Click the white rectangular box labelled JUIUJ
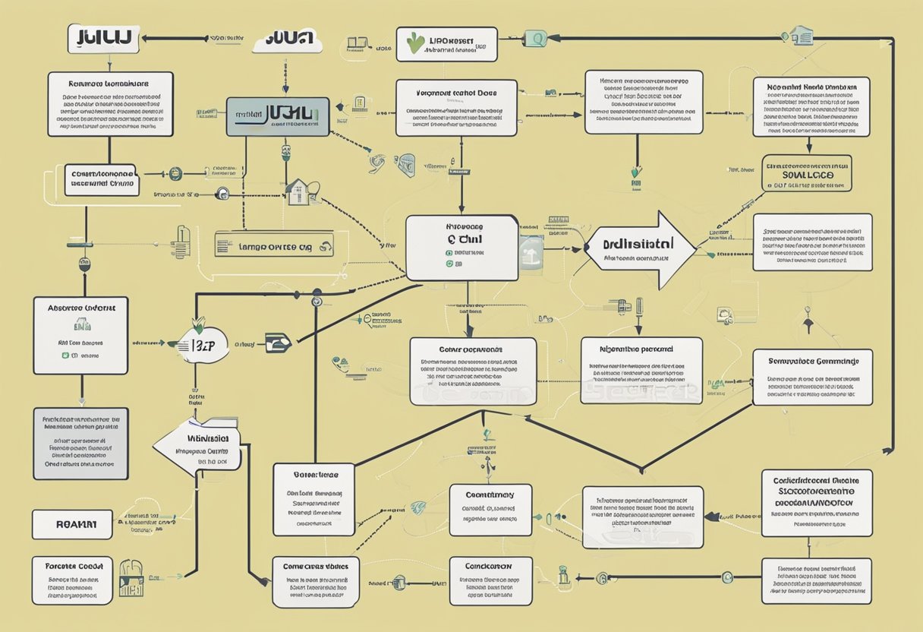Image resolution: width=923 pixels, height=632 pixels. click(x=103, y=38)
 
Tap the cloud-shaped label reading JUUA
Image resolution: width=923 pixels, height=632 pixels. click(x=288, y=40)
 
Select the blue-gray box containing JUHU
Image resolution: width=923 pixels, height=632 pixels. click(x=278, y=116)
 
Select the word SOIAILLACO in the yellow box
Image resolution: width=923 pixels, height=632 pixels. click(x=807, y=174)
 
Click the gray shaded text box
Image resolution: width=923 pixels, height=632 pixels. click(x=80, y=443)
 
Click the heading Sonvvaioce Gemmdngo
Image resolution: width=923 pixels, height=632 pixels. click(x=813, y=362)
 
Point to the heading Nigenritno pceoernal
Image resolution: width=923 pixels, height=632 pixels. click(x=641, y=349)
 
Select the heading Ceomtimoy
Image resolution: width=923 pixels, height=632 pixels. click(x=490, y=495)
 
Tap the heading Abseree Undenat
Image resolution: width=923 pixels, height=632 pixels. click(x=81, y=308)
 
